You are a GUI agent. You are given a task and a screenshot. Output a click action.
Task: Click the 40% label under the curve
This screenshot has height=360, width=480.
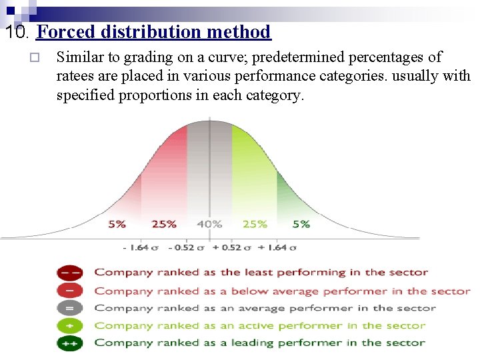pyautogui.click(x=209, y=224)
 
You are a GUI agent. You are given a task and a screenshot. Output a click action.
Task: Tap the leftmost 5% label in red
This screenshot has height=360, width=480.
pyautogui.click(x=117, y=224)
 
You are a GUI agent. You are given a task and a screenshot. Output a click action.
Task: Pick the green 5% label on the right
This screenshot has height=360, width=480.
pyautogui.click(x=301, y=224)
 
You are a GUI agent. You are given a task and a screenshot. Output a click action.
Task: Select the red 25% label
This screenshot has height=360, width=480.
pyautogui.click(x=164, y=224)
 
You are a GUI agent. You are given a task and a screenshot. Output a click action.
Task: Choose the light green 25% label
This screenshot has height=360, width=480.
pyautogui.click(x=255, y=224)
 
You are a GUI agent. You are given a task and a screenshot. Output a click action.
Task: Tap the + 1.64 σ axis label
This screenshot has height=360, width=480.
pyautogui.click(x=276, y=247)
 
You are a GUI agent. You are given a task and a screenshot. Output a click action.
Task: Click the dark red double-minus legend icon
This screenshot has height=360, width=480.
pyautogui.click(x=70, y=272)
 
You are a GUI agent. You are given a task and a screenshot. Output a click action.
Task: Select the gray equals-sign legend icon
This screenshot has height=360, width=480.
pyautogui.click(x=70, y=308)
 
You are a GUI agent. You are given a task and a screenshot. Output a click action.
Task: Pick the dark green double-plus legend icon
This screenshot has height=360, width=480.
pyautogui.click(x=70, y=343)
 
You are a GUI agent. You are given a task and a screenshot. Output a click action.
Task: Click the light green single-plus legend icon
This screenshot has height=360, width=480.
pyautogui.click(x=70, y=325)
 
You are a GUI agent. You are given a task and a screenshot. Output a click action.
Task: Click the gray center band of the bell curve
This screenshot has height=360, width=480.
pyautogui.click(x=209, y=173)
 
